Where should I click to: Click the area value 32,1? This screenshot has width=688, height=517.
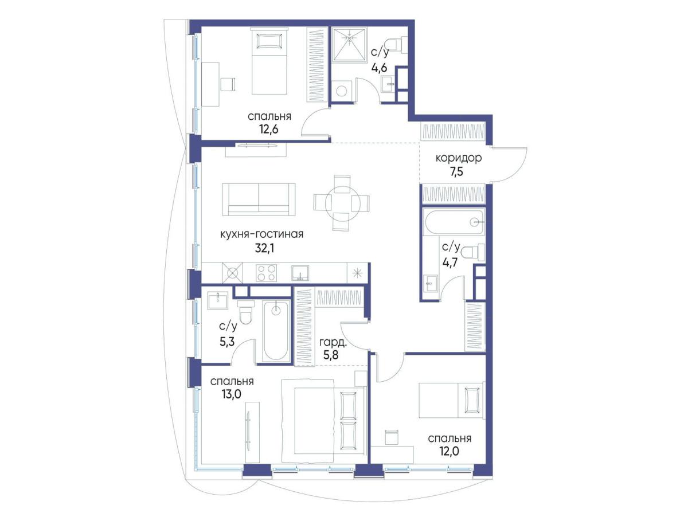pos(264,249)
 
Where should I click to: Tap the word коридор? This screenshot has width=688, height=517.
pos(458,158)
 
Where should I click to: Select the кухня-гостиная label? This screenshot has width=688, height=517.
pos(261,234)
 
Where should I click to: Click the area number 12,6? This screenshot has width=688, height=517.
pos(269,129)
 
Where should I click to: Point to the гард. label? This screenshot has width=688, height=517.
pos(333,343)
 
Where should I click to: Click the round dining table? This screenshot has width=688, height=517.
pos(341,203)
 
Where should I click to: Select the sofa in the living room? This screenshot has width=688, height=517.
pos(259,199)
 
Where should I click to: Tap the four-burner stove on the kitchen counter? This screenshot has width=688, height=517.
pos(266,273)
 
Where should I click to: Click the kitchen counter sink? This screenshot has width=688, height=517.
pos(300,273)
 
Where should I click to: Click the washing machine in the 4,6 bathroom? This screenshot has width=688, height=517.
pos(341,90)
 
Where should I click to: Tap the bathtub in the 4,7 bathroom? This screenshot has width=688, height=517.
pos(453,222)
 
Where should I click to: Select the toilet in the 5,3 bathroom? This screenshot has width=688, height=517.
pos(245,312)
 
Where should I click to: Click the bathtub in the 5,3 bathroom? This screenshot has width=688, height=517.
pos(276,331)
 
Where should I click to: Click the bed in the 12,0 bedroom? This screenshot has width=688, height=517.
pos(452,400)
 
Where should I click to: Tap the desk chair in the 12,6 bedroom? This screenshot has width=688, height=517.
pos(228,84)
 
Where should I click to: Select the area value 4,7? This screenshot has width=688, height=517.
pos(450,261)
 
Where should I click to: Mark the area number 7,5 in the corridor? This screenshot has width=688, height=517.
pos(456,172)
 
